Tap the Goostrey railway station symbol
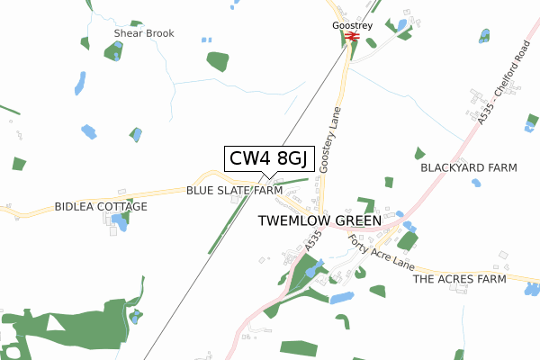tap(353, 37)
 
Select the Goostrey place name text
tap(351, 26)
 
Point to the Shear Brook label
tap(144, 33)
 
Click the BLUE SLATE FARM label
tap(235, 191)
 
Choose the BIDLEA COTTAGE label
tap(101, 206)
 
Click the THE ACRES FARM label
tap(460, 280)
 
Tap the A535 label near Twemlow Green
tap(312, 240)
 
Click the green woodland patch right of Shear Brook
tap(218, 61)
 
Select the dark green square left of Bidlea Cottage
tap(19, 164)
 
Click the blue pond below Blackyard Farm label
tap(475, 183)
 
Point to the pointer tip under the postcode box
tap(268, 178)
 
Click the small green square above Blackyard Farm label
tap(419, 153)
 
